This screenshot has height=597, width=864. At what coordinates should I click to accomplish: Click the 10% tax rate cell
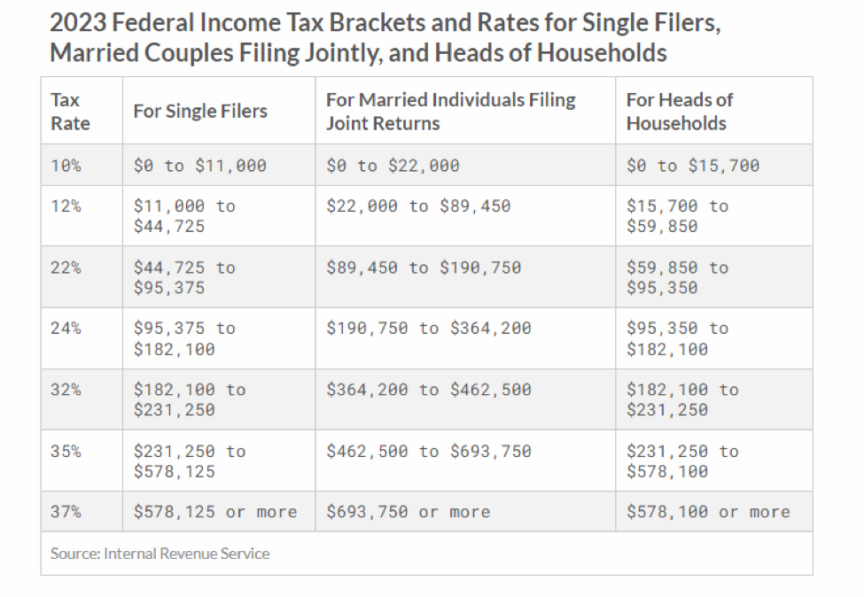pos(66,166)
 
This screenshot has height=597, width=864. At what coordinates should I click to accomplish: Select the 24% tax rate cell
pos(66,329)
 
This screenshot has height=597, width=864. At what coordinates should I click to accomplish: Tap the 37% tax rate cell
pos(66,512)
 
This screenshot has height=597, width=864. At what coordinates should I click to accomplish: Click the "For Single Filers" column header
pos(200,112)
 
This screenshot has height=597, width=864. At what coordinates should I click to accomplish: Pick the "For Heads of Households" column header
pos(679,112)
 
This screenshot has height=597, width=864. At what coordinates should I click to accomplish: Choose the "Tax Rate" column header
pos(71,112)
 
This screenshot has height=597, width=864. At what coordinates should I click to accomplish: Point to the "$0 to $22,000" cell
pos(393,166)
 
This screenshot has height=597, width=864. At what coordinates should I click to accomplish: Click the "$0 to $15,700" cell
pos(692,166)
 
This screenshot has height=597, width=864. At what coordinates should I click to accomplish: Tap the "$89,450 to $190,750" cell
pos(423,267)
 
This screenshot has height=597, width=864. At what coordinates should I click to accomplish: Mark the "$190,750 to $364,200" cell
pos(428,329)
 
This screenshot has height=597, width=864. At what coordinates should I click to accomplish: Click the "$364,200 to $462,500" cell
pos(428,390)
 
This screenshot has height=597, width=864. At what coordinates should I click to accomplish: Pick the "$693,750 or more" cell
pos(408,512)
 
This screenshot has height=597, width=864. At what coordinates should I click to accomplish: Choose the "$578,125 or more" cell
pos(215,512)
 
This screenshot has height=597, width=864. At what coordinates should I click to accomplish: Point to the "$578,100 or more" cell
pos(707,512)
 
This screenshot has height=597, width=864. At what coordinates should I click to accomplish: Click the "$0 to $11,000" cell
pos(199,166)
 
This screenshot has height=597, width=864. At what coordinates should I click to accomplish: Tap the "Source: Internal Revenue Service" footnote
pos(160,554)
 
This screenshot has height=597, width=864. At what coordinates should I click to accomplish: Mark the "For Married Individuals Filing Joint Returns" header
pos(450,112)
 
